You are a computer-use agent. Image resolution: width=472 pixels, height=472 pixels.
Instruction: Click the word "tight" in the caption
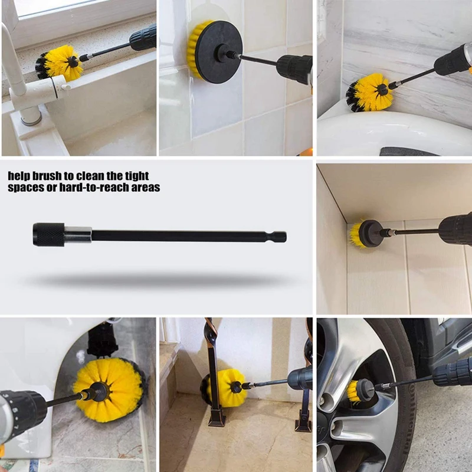pos(135,176)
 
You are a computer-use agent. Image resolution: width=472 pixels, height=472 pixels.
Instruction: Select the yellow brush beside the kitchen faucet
pos(61,63)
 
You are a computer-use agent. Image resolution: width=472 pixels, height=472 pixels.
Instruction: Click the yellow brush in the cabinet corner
pos(357,234)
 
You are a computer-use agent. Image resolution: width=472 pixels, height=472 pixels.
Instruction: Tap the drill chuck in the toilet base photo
pos(24,410)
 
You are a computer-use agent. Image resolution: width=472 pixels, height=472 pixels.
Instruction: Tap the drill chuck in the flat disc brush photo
pos(294,68)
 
